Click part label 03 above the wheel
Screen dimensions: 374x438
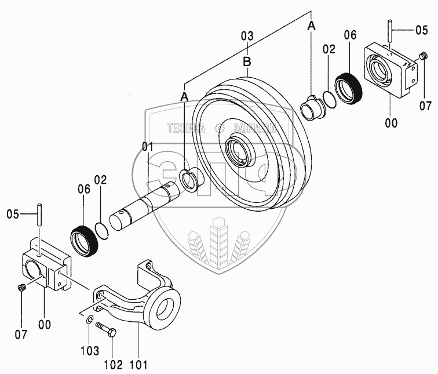pyautogui.click(x=247, y=37)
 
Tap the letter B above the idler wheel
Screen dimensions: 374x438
pyautogui.click(x=247, y=60)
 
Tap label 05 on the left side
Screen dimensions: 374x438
pyautogui.click(x=14, y=215)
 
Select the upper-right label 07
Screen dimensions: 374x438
pyautogui.click(x=426, y=106)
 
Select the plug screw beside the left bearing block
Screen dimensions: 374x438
pyautogui.click(x=21, y=288)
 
